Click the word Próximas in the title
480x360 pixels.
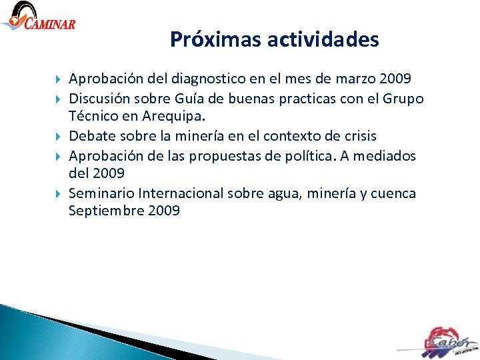click(215, 40)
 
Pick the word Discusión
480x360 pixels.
click(100, 99)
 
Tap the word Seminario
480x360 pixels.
click(101, 193)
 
